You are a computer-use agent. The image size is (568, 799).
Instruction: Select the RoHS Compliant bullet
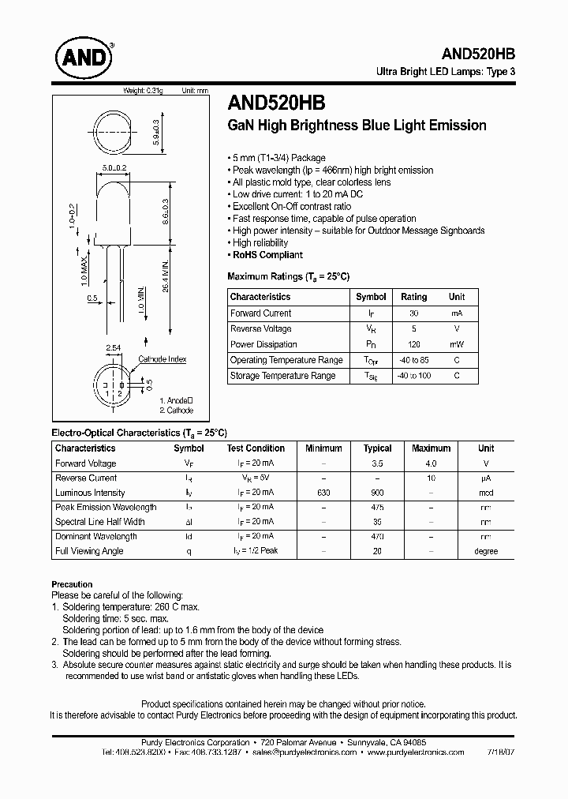267,255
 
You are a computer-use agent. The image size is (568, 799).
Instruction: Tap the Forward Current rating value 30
413,313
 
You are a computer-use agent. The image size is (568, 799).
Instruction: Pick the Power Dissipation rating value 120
413,344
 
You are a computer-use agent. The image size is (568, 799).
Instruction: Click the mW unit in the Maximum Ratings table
457,344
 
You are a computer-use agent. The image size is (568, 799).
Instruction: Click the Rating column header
413,297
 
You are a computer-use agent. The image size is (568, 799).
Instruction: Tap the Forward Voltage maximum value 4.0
431,463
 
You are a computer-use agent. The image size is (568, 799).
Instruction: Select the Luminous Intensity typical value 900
377,493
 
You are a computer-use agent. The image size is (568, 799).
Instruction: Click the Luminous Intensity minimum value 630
323,493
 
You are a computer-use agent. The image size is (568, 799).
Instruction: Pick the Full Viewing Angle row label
89,551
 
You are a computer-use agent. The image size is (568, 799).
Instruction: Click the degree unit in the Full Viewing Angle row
486,551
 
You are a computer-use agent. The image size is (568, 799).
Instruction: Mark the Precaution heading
72,584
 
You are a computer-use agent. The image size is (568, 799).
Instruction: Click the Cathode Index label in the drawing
163,359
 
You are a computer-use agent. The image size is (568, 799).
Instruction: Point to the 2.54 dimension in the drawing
113,347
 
